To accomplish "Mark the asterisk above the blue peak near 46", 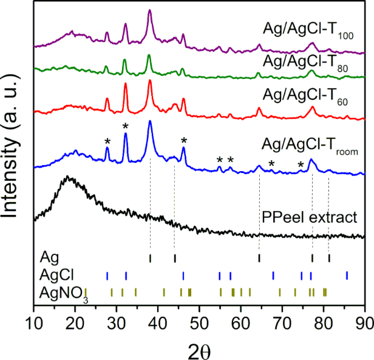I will click(x=183, y=141).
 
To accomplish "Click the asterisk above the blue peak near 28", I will click(x=107, y=142).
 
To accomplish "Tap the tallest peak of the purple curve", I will click(x=150, y=11).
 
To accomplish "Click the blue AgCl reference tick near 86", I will click(x=347, y=276).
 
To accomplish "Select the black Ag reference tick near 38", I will click(x=150, y=259).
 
